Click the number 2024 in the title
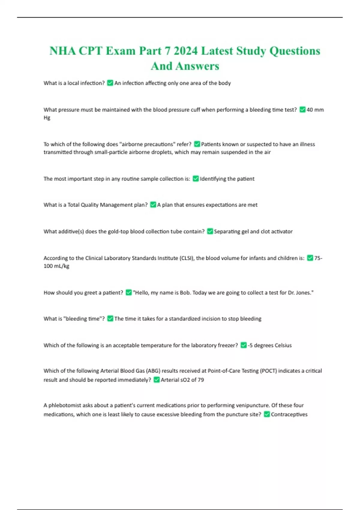pyautogui.click(x=186, y=51)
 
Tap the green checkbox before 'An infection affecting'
pyautogui.click(x=110, y=83)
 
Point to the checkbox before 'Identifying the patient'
pyautogui.click(x=196, y=179)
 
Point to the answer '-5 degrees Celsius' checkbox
pyautogui.click(x=244, y=345)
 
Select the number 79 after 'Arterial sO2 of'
pyautogui.click(x=201, y=380)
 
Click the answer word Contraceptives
pyautogui.click(x=289, y=415)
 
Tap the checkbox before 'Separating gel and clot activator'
pyautogui.click(x=210, y=232)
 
